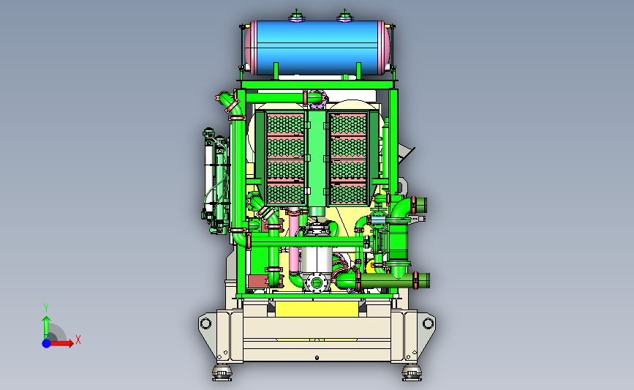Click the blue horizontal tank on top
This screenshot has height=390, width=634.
pyautogui.click(x=317, y=48)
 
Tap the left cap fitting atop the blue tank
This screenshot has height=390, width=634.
pyautogui.click(x=296, y=17)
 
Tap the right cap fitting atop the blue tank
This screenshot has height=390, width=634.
pyautogui.click(x=344, y=17)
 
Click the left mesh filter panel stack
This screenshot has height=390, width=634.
pyautogui.click(x=285, y=159)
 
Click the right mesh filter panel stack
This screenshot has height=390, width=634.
pyautogui.click(x=348, y=159)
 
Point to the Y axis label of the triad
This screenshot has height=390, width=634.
pyautogui.click(x=46, y=308)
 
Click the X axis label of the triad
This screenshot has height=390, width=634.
pyautogui.click(x=78, y=340)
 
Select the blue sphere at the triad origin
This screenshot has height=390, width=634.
pyautogui.click(x=47, y=343)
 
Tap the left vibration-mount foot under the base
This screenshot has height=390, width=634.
pyautogui.click(x=222, y=372)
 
